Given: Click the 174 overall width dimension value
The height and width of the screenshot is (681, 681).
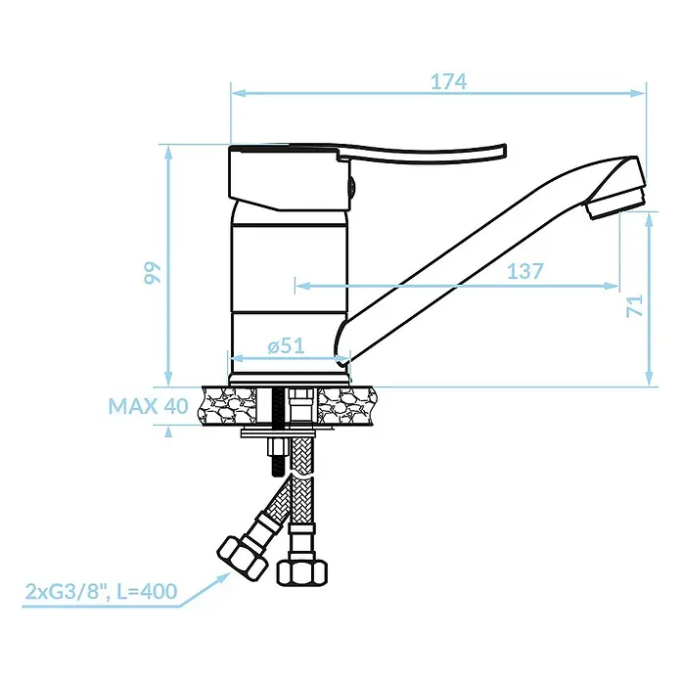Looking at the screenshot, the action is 449,81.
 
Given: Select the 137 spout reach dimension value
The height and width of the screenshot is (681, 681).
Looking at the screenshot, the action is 525,271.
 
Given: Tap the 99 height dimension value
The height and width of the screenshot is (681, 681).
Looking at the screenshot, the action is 153,273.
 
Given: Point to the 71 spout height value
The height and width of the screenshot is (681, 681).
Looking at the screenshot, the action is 635,305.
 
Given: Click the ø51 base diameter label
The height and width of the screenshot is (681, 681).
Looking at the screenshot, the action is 287,346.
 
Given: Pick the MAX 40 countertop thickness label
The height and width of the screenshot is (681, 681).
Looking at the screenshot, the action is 148,406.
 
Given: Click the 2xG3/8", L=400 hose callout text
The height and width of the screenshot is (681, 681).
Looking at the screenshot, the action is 101,592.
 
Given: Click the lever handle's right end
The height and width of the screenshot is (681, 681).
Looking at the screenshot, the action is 504,153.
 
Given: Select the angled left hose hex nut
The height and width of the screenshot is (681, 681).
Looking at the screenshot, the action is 242,557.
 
